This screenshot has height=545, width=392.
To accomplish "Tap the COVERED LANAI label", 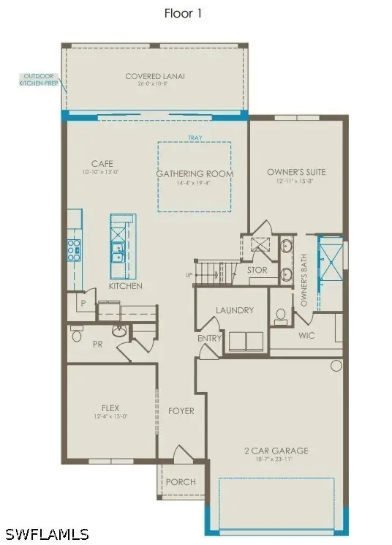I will click(x=154, y=76).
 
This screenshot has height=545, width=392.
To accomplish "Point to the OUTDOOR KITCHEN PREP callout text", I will click(x=36, y=79).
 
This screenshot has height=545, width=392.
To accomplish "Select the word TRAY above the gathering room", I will click(x=195, y=138).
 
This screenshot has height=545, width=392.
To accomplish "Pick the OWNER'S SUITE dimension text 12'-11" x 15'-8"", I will click(x=295, y=181).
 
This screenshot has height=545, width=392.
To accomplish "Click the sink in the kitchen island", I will click(x=117, y=252).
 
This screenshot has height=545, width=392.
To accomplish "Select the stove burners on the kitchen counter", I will click(x=75, y=249).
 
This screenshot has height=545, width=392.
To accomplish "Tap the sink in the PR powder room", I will click(x=118, y=331).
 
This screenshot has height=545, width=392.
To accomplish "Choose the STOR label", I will click(x=257, y=270).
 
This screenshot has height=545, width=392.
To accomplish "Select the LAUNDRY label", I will click(x=234, y=310).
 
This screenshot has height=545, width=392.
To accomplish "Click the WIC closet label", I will click(x=306, y=336).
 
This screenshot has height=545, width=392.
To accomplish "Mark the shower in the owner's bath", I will click(x=329, y=264).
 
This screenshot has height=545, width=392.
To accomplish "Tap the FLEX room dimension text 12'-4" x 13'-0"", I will click(x=110, y=417).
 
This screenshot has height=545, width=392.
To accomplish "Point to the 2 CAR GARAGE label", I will click(x=277, y=451).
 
